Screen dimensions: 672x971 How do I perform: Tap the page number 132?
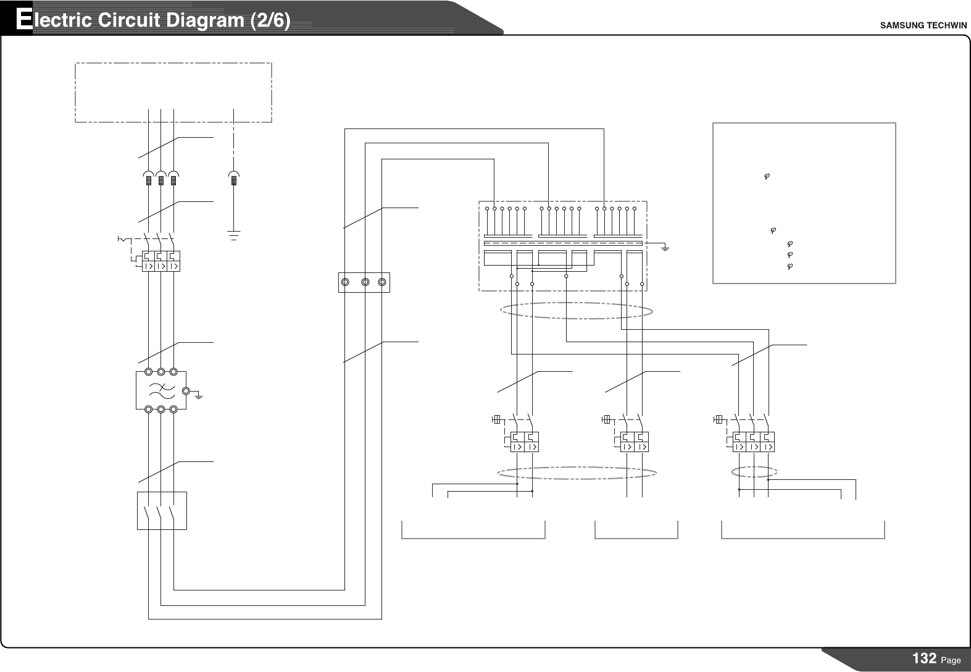[x=924, y=658]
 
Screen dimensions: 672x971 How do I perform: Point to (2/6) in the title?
[x=270, y=20]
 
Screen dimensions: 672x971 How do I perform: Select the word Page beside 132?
[x=951, y=660]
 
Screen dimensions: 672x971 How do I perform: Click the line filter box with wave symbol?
[x=160, y=390]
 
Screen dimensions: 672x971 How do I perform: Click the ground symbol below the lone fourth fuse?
[x=233, y=235]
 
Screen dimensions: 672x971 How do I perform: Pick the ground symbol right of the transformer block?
[x=665, y=248]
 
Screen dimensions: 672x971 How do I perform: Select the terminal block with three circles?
[x=364, y=282]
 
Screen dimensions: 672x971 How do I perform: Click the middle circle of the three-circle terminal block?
[x=365, y=282]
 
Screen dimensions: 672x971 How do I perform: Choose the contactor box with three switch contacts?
[x=162, y=511]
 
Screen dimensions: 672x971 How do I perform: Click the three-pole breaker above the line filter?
[x=160, y=261]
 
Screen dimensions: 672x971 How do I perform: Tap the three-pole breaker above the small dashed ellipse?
[x=753, y=442]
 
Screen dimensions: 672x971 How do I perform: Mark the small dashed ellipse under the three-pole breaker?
[x=754, y=472]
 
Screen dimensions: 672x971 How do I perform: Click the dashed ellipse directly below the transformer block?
[x=576, y=310]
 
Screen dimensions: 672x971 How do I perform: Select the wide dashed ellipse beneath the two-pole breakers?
[x=577, y=473]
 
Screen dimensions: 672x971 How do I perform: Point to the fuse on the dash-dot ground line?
[x=233, y=180]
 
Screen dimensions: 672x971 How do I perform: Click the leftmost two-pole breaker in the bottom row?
[x=524, y=442]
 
